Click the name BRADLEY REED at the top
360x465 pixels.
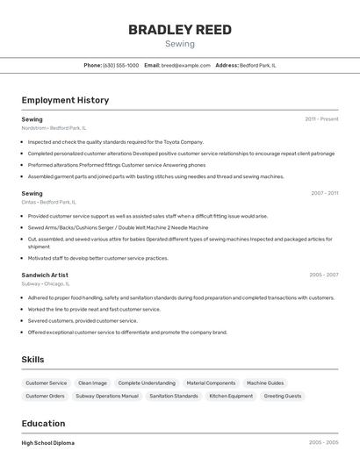[x=180, y=30]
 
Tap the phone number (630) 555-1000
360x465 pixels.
[x=121, y=65]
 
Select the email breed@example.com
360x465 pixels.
[x=186, y=65]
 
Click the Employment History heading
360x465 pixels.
[x=65, y=100]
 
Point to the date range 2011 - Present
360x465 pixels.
[x=321, y=118]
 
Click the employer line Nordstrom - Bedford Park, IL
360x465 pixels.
[x=54, y=128]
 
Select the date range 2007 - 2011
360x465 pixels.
[x=324, y=193]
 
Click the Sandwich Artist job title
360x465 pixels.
[x=45, y=275]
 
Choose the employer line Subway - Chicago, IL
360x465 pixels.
[x=45, y=283]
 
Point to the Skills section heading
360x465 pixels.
[x=32, y=360]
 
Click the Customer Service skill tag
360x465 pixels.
[x=47, y=383]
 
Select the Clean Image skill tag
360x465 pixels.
[x=92, y=383]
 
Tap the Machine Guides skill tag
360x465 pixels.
[x=265, y=383]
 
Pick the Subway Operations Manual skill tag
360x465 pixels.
[x=107, y=396]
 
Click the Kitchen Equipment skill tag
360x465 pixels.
[x=231, y=396]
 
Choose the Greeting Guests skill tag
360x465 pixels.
[x=283, y=396]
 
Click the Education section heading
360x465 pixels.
[x=44, y=424]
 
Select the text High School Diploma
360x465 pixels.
[x=48, y=443]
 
